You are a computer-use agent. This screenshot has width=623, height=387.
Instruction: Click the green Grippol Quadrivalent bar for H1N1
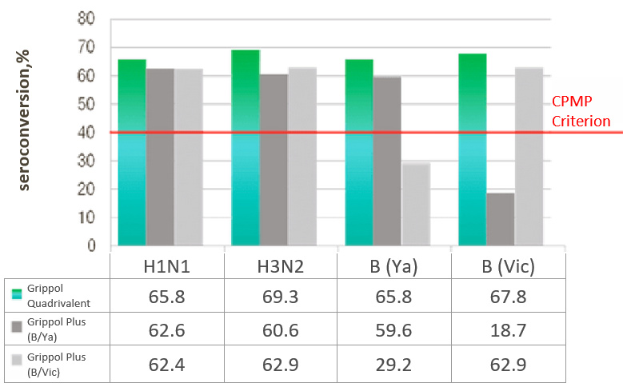tap(132, 152)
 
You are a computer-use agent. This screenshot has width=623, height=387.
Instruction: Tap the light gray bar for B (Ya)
tap(415, 204)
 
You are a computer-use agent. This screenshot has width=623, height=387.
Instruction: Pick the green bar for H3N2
tap(245, 147)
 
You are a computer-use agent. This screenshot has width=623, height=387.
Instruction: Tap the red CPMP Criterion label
tap(581, 112)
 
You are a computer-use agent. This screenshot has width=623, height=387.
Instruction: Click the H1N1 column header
tap(166, 263)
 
